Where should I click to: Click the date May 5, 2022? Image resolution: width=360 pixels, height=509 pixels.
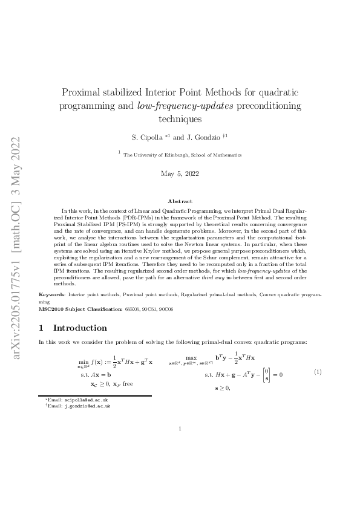tap(180, 174)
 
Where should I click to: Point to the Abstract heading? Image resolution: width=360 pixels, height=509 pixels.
tap(180, 201)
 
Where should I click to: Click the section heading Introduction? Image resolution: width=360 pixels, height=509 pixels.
tap(80, 328)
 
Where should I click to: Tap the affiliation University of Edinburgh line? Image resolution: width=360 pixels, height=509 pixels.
tap(182, 155)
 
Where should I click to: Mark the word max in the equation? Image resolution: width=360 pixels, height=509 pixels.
tap(191, 358)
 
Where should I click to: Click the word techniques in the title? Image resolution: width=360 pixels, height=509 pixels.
tap(180, 119)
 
